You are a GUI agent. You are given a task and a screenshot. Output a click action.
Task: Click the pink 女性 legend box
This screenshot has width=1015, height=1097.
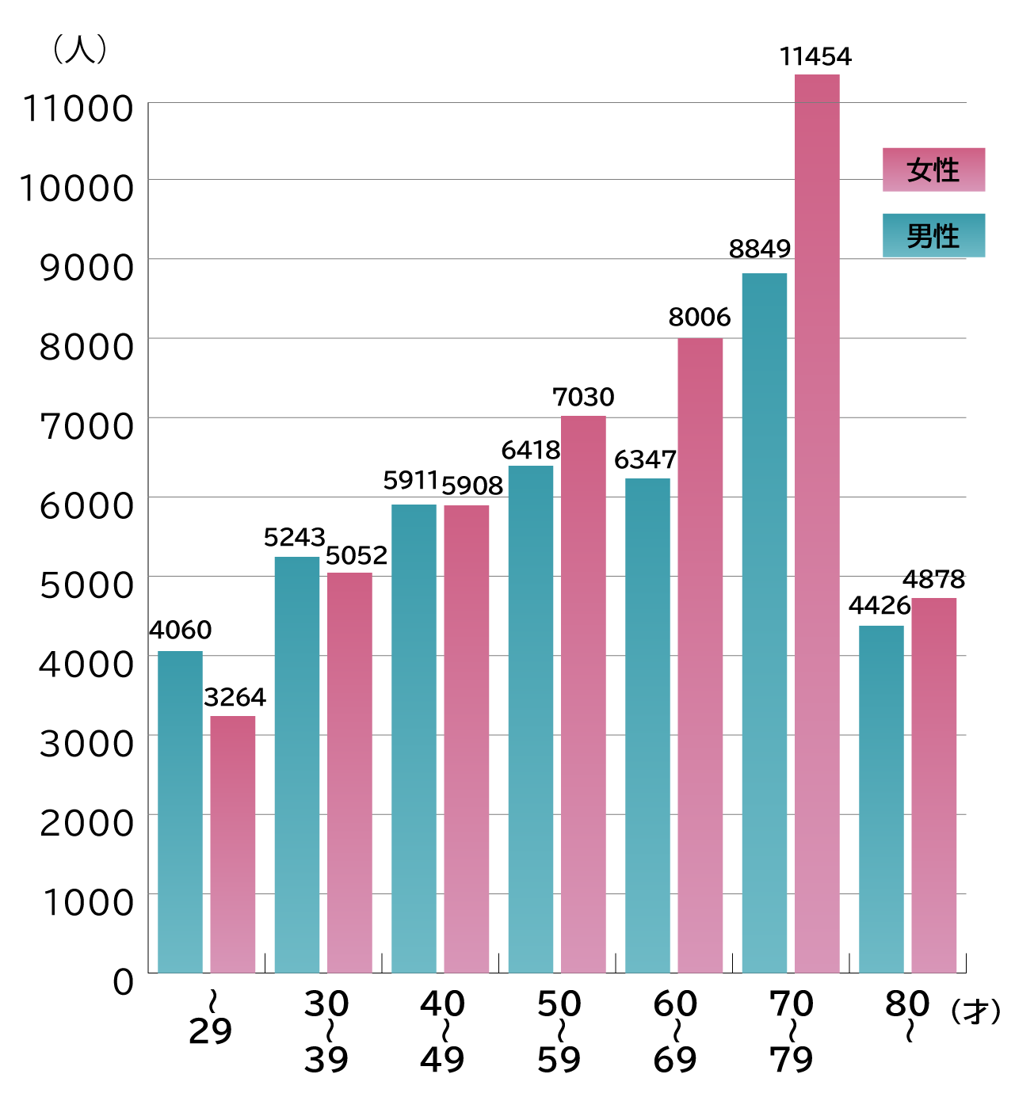933,170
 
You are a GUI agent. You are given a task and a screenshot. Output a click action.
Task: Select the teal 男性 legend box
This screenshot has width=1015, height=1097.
933,235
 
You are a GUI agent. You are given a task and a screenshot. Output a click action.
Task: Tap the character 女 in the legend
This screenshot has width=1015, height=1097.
920,170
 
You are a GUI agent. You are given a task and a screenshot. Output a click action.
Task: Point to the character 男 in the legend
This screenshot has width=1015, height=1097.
920,236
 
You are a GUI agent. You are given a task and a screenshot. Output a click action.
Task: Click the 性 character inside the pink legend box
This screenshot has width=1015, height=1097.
947,170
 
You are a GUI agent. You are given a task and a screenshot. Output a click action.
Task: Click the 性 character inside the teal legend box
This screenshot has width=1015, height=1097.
947,236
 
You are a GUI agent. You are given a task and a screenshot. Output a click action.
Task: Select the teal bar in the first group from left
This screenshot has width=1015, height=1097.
180,812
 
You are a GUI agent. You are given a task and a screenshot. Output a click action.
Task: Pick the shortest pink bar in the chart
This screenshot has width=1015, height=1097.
233,844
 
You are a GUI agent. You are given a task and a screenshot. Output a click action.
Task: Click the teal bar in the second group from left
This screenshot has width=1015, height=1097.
297,764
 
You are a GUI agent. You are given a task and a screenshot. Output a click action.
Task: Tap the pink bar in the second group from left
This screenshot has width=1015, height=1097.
349,772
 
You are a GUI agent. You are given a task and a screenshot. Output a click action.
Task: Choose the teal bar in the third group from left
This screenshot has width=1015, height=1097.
414,738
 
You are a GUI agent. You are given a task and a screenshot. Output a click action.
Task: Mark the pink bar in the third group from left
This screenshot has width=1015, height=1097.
467,739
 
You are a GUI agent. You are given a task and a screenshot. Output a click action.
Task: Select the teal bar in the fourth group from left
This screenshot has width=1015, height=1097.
531,719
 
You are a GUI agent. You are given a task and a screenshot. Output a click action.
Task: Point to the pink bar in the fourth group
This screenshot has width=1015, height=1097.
583,694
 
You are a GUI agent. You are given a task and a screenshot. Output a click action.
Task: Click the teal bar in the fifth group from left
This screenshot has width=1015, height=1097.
647,726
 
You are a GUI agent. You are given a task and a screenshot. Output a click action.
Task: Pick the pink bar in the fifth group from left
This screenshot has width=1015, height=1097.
700,655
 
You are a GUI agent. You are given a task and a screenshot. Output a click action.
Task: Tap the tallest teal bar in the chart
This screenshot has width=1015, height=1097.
765,623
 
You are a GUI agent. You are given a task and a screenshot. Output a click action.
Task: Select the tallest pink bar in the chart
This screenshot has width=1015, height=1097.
817,524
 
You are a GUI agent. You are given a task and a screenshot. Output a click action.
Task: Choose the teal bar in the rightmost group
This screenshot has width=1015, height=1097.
881,799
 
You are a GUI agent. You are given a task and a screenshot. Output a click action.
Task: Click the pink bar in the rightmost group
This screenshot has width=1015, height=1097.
934,785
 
